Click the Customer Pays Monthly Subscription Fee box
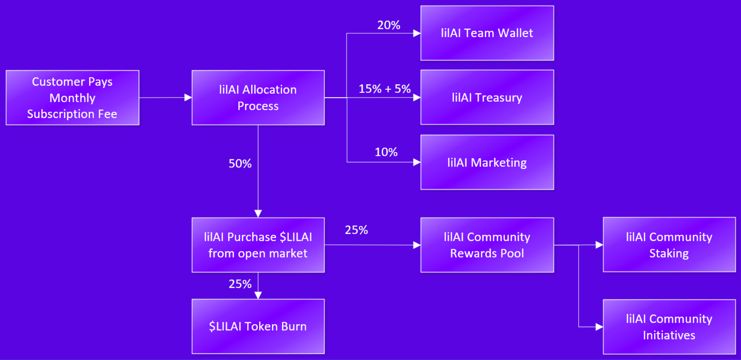click(72, 98)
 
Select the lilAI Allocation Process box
click(258, 98)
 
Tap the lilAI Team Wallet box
click(487, 33)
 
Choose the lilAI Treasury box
click(487, 97)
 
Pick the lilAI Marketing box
click(487, 162)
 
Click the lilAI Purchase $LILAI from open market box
click(258, 245)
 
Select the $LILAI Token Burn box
click(258, 326)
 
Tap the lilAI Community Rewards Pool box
click(487, 245)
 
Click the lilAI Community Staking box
click(669, 245)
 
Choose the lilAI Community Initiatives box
click(669, 327)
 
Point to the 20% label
click(389, 25)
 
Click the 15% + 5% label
click(385, 89)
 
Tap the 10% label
click(386, 152)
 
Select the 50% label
click(240, 163)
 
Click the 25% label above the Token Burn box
click(240, 284)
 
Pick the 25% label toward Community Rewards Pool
click(356, 230)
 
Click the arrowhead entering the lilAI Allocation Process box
click(188, 98)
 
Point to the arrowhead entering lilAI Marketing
click(417, 162)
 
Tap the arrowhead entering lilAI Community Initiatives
click(599, 327)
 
